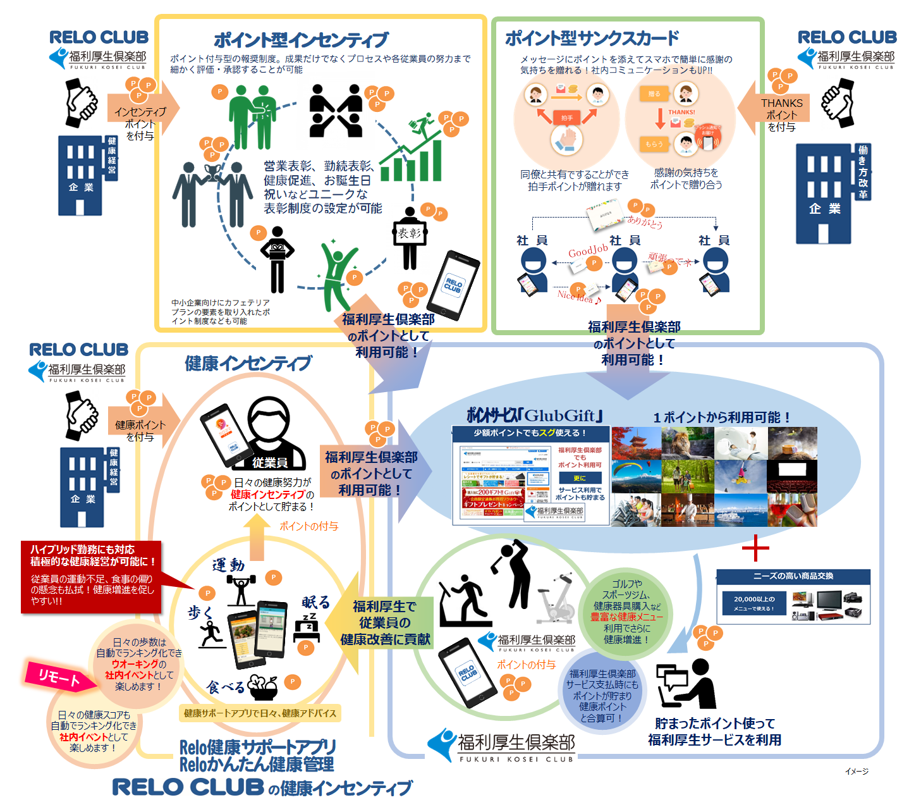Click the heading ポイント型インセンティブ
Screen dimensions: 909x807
click(301, 40)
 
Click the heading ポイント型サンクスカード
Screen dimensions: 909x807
click(592, 39)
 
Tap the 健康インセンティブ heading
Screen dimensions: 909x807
click(248, 363)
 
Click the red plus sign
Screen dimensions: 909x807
click(755, 548)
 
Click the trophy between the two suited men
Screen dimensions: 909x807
click(212, 172)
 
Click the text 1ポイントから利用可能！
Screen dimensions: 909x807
click(722, 417)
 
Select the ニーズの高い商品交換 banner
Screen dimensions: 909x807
click(793, 576)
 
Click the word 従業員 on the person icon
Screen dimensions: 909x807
click(270, 462)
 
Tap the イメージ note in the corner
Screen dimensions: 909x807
click(857, 771)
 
